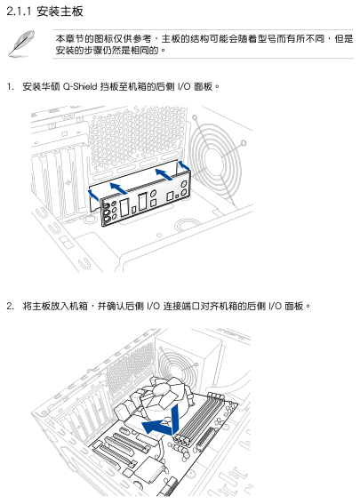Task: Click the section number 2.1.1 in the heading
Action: tap(19, 12)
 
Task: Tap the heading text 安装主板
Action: tap(60, 12)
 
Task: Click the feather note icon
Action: tap(21, 44)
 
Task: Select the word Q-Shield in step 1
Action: tap(80, 86)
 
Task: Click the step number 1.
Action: tap(11, 86)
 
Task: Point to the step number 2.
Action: tap(11, 306)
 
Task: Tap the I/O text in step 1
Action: tap(184, 86)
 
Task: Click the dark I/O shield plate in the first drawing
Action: tap(145, 199)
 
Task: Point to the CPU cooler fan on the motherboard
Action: tap(167, 395)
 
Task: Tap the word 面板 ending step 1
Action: tap(204, 86)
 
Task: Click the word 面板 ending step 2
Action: tap(294, 306)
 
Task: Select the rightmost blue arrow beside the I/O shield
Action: tap(183, 165)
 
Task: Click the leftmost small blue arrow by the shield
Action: tap(93, 195)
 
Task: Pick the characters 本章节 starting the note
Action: tap(69, 39)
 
